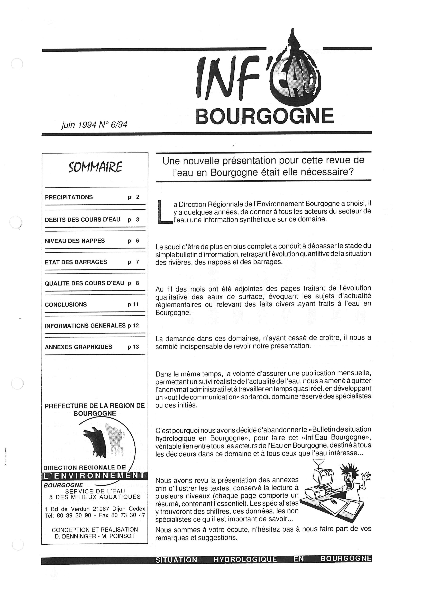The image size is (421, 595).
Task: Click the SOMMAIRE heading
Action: (x=95, y=167)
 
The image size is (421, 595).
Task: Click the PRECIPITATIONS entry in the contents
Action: (x=69, y=197)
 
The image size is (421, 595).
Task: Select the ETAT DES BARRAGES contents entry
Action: (x=76, y=262)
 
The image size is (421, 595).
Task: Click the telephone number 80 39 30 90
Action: (x=74, y=515)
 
